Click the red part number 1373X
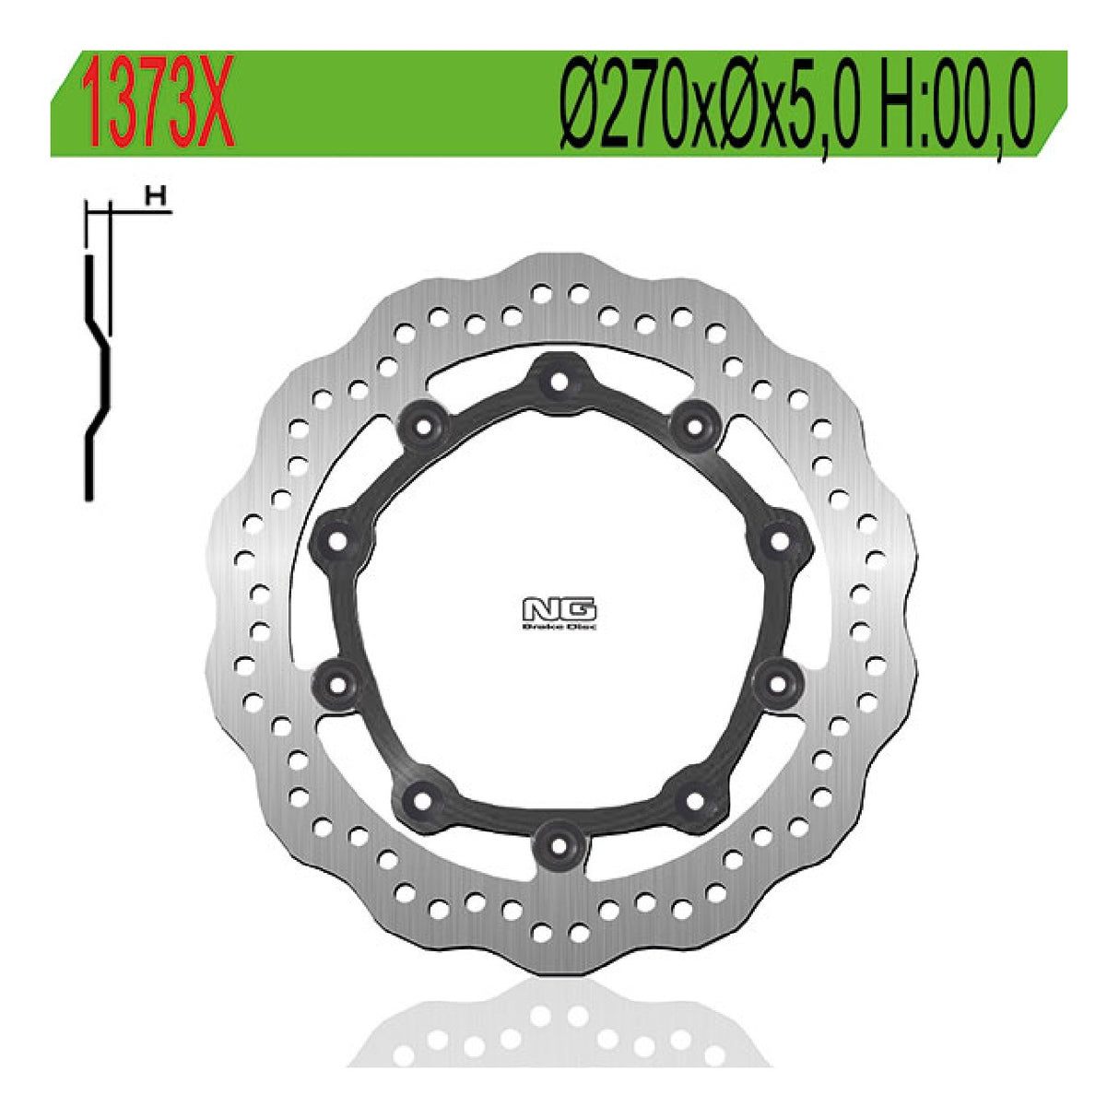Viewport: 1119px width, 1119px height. click(x=158, y=104)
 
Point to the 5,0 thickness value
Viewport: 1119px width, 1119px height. click(x=830, y=105)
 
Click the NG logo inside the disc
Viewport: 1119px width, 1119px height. click(x=559, y=610)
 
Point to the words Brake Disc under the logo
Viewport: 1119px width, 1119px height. click(x=559, y=627)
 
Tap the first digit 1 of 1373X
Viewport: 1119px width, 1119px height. click(x=94, y=104)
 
